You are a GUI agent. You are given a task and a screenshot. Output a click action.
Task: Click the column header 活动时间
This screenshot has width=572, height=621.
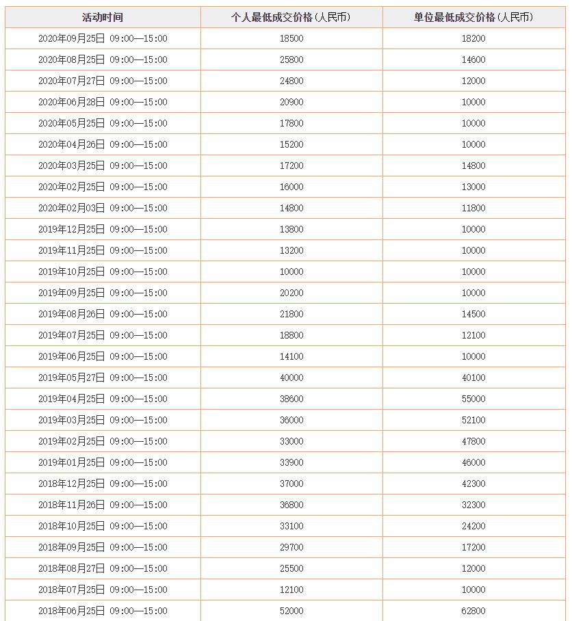103,17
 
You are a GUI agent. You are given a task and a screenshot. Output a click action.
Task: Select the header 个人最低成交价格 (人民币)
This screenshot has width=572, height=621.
291,17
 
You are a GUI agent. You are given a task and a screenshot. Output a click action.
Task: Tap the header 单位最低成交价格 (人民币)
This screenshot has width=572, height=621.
473,17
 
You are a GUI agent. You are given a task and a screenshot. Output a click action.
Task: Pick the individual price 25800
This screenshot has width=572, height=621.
291,60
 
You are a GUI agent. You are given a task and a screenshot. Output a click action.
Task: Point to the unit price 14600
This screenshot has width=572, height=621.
473,60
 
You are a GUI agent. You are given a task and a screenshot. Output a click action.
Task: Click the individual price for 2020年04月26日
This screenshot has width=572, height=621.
291,144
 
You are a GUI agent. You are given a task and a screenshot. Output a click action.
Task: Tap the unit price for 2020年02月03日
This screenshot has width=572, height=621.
473,208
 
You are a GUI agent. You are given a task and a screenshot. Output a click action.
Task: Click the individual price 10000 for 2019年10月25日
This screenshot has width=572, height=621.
291,272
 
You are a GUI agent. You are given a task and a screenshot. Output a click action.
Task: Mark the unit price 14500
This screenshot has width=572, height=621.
473,314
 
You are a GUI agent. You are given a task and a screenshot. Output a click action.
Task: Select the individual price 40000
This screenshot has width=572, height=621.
291,378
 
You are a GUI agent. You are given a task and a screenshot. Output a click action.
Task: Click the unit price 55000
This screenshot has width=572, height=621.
473,399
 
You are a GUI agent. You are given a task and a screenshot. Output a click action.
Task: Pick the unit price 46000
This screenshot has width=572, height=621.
473,462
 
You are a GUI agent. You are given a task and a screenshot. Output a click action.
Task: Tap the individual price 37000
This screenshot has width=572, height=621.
291,484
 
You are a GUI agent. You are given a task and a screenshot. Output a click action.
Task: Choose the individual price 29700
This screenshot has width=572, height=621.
291,547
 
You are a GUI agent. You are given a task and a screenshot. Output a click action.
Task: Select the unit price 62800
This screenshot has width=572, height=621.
473,611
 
